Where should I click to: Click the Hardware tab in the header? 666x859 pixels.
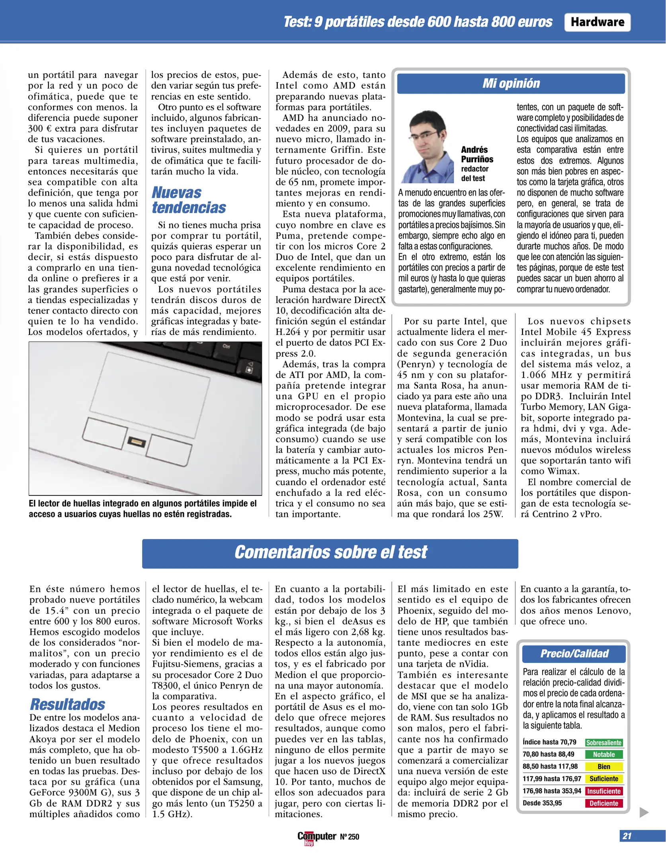[597, 22]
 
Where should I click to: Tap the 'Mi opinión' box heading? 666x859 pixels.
[511, 84]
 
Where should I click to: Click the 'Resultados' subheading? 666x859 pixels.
[67, 704]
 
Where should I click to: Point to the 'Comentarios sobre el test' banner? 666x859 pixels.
[330, 553]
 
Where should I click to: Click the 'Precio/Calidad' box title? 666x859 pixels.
[574, 653]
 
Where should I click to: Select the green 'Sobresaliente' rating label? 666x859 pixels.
[604, 742]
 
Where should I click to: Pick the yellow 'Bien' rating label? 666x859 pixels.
[604, 766]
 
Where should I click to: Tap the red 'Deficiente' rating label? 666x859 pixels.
[604, 803]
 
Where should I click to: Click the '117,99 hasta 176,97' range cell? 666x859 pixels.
[552, 779]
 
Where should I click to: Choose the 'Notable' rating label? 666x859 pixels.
[604, 754]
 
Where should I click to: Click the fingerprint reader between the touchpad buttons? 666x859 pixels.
[137, 441]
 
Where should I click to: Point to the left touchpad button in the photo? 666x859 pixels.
[105, 433]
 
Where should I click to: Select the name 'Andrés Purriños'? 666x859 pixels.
[477, 154]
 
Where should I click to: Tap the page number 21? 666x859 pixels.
[627, 836]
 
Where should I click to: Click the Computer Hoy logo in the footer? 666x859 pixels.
[316, 837]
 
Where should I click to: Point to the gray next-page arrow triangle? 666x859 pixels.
[644, 812]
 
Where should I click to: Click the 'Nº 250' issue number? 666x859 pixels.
[349, 837]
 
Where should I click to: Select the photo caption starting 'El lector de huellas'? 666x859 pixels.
[143, 509]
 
